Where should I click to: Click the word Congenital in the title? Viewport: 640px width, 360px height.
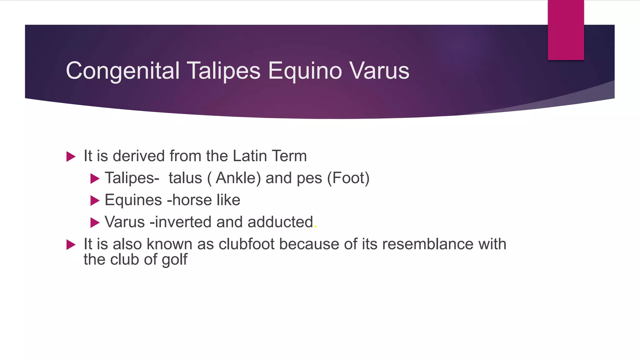(x=123, y=71)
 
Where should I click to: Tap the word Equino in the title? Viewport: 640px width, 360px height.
(x=305, y=71)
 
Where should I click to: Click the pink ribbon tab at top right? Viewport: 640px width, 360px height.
(x=566, y=30)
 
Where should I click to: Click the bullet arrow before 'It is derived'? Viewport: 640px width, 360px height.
(x=71, y=157)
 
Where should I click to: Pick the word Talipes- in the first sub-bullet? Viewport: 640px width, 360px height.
(x=132, y=178)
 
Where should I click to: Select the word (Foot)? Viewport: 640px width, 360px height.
(x=348, y=178)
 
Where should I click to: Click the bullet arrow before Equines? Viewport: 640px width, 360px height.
(x=95, y=201)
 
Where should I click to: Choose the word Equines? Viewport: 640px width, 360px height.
(x=133, y=200)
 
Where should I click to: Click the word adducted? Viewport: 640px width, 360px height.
(x=280, y=222)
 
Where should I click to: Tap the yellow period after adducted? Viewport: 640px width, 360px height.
(x=316, y=227)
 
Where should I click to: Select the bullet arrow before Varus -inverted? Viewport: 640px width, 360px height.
(x=95, y=223)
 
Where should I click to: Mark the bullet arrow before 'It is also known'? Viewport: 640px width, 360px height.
(x=71, y=245)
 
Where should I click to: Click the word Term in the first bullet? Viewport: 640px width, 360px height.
(x=289, y=156)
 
